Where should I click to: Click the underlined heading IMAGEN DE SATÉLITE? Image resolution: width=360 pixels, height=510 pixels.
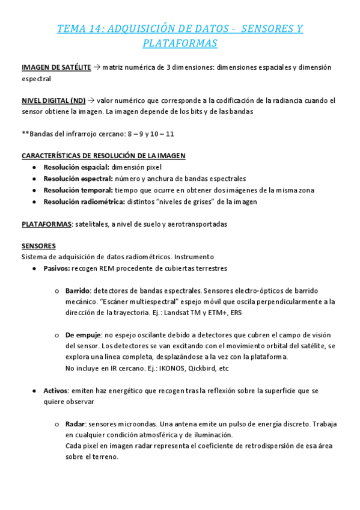pos(56,68)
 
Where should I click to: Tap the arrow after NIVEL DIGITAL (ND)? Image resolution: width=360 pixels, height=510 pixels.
pos(91,100)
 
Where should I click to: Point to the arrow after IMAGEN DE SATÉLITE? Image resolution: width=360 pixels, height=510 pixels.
pos(97,68)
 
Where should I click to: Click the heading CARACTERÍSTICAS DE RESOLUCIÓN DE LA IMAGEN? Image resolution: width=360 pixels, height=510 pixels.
pos(103,155)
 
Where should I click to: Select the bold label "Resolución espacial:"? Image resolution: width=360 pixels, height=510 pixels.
pos(76,167)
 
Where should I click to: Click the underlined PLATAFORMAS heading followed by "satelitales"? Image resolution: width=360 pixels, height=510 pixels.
pos(46,224)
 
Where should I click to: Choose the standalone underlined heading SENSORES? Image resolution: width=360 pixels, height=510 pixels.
pos(38,246)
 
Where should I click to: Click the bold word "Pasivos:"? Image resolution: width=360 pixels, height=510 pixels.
pos(57,268)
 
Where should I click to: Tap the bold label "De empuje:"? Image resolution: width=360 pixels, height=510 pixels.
pos(84,335)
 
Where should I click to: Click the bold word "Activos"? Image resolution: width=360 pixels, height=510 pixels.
pos(55,391)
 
